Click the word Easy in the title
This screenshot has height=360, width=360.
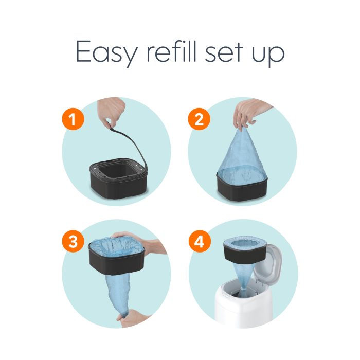point(105,52)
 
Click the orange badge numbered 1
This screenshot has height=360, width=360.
point(73,120)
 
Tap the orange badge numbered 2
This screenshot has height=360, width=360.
point(199,120)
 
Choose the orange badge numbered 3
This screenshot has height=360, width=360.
point(73,243)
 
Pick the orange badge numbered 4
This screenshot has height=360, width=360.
point(199,243)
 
